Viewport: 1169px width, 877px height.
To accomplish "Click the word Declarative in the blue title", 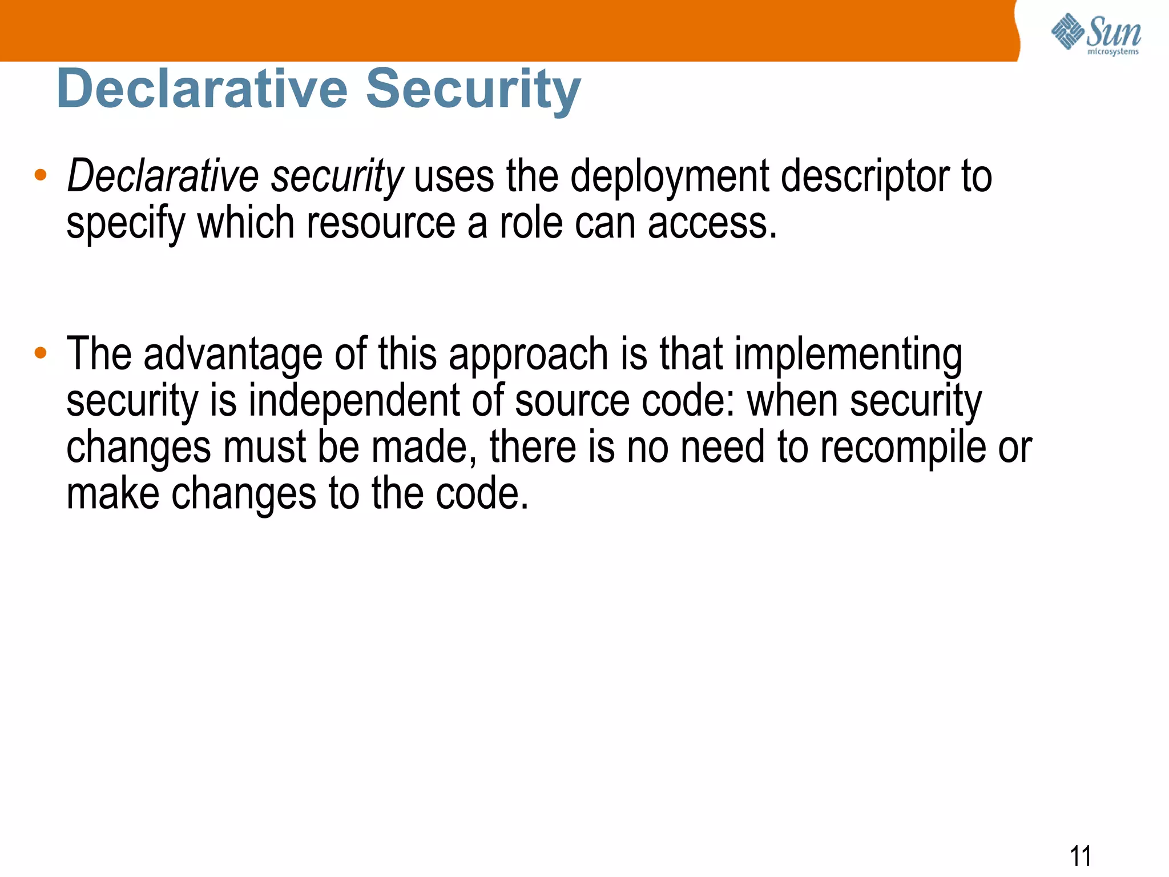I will [x=202, y=89].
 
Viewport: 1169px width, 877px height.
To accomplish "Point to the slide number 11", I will [x=1080, y=856].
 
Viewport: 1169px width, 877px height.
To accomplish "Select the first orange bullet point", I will [x=40, y=175].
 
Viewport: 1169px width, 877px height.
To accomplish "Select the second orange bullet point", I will [x=40, y=353].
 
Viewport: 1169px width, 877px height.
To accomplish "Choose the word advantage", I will [x=232, y=355].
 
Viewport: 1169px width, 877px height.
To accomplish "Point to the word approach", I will [x=528, y=355].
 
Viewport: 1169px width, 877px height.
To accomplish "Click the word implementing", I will [x=848, y=355].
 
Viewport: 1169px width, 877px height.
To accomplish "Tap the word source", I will [x=572, y=401].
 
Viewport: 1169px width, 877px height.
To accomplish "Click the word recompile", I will [x=903, y=447].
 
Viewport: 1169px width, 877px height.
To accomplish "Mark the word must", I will [x=264, y=447].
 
